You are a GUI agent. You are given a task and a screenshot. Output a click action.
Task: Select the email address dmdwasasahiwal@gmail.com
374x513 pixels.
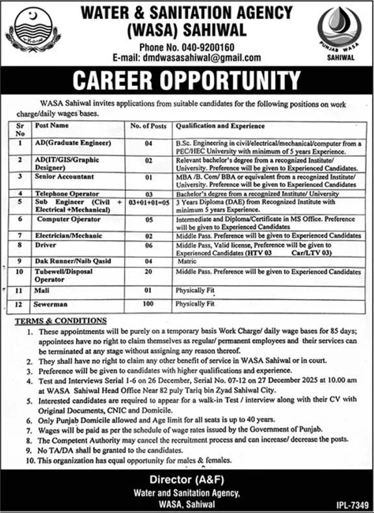187,57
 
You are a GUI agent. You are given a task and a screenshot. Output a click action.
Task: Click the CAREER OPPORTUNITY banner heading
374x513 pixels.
187,81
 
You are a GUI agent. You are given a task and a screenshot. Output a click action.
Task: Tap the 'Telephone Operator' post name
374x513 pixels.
68,193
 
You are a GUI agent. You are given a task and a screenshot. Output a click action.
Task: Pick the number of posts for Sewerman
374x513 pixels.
148,303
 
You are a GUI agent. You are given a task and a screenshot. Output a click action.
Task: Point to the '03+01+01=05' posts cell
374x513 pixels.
148,202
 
